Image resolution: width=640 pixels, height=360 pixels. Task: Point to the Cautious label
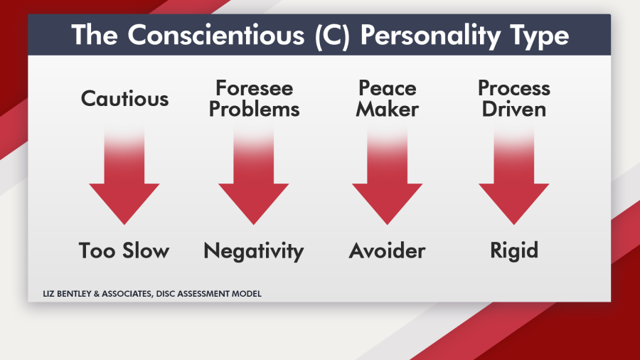pos(124,98)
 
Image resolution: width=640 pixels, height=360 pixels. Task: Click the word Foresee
pos(254,88)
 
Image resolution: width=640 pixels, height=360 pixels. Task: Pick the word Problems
pos(254,109)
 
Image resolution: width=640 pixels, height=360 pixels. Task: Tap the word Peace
pos(387,88)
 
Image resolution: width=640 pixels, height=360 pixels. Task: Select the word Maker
pos(387,109)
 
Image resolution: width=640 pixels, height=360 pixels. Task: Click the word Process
pos(513,88)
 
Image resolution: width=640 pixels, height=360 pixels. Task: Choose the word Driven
pos(513,109)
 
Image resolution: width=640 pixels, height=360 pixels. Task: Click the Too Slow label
pos(124,250)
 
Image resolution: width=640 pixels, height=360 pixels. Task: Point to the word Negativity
pos(254,250)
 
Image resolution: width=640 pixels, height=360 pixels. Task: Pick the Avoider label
pos(387,250)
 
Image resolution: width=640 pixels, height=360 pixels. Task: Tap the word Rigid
pos(513,250)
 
